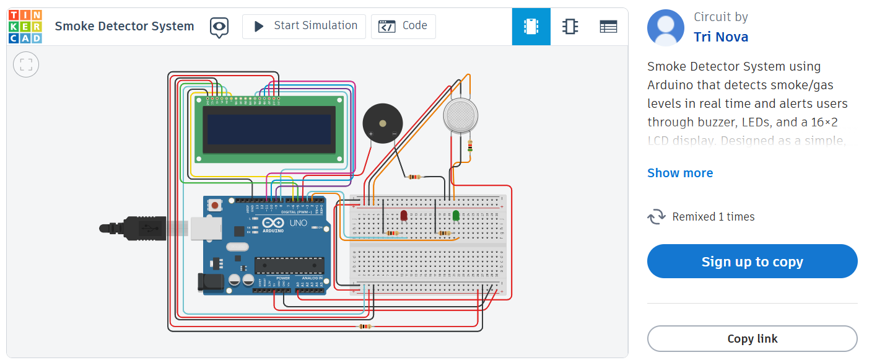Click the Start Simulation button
click(304, 26)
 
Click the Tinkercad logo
click(25, 26)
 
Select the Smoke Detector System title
click(124, 26)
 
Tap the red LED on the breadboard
click(404, 216)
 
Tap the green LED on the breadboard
click(456, 216)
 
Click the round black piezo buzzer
click(382, 123)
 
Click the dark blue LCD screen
click(269, 129)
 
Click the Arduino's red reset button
click(215, 205)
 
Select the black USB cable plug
click(133, 228)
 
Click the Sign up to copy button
click(752, 261)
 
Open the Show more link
click(679, 173)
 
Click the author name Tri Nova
click(720, 37)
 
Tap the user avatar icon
click(665, 28)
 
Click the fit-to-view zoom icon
click(26, 64)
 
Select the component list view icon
click(608, 26)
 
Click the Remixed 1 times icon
click(656, 217)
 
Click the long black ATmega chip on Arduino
click(289, 265)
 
